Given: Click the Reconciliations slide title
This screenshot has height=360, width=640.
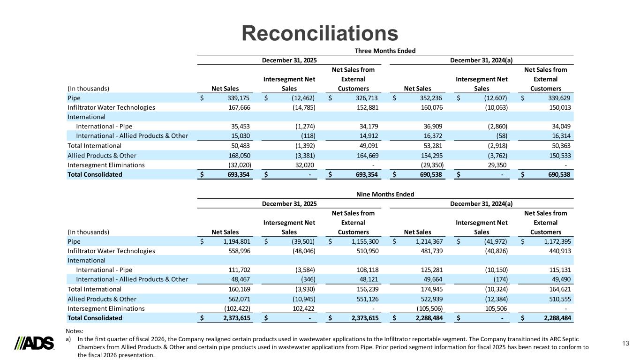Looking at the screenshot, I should click(320, 33).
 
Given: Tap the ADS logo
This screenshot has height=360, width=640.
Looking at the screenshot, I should click(35, 343).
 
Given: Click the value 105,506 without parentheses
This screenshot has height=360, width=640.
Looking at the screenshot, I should click(495, 308).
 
